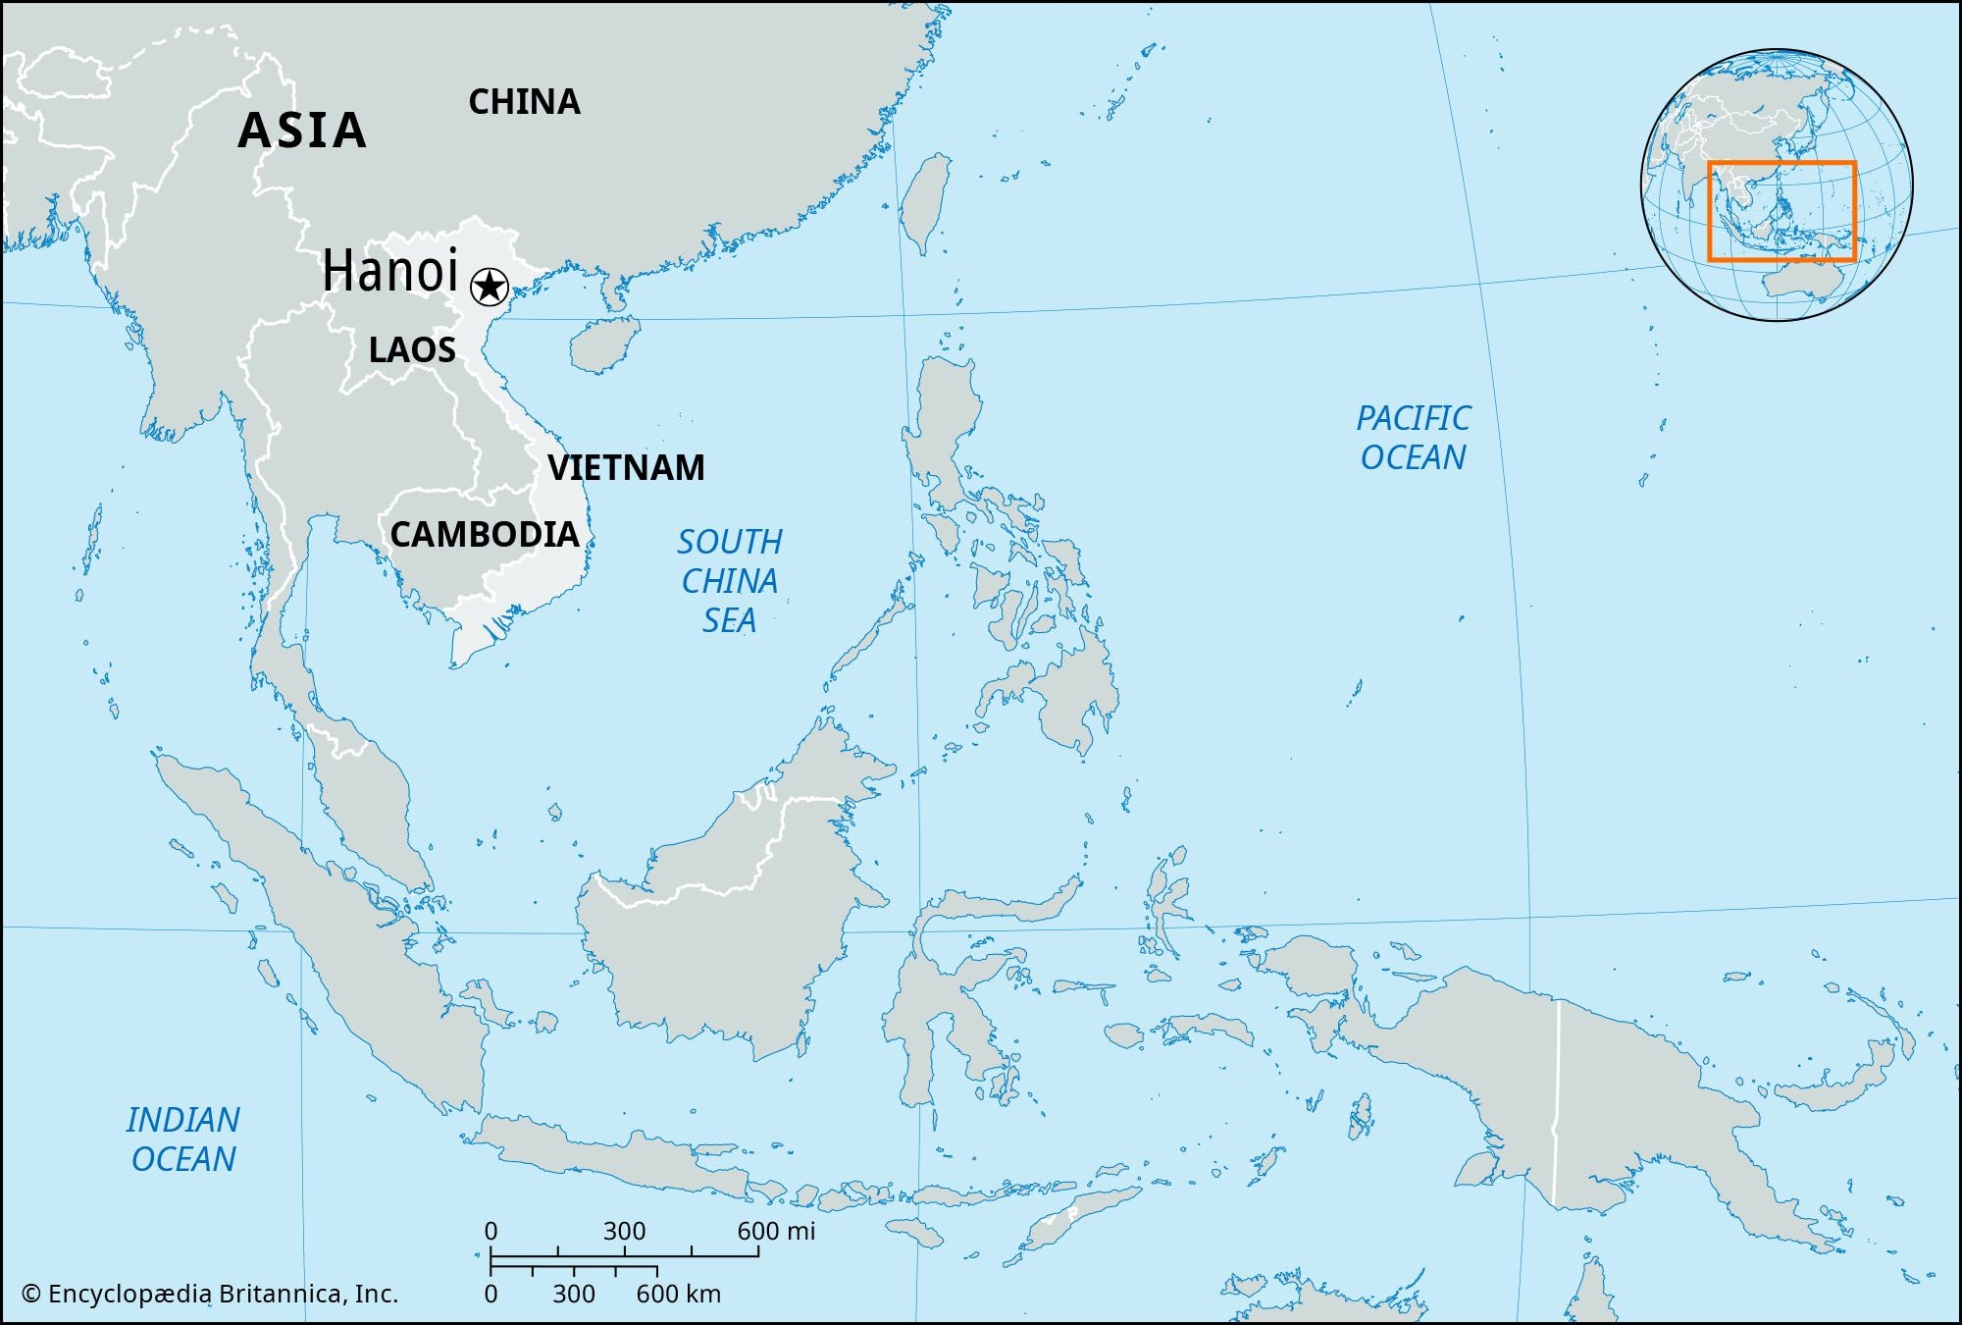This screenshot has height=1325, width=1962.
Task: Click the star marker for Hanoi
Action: [x=489, y=288]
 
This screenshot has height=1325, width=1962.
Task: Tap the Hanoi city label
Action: [x=390, y=271]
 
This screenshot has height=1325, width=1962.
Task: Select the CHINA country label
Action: [x=524, y=102]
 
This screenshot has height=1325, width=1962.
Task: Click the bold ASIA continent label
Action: [x=302, y=131]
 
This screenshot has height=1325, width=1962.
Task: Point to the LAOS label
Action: [x=412, y=350]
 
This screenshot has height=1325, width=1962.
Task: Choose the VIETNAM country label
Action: [x=626, y=467]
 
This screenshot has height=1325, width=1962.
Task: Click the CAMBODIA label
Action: [x=485, y=535]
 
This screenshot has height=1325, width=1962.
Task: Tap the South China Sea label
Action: [x=729, y=581]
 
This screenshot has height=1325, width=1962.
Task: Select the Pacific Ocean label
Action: [x=1413, y=438]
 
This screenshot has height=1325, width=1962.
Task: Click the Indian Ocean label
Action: [x=183, y=1139]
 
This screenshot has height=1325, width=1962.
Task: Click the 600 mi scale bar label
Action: [x=776, y=1231]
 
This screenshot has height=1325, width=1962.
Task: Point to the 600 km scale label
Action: [x=678, y=1294]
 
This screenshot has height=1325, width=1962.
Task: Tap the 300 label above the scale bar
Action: [x=624, y=1231]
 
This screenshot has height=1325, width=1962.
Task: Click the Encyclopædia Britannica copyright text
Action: [x=210, y=1294]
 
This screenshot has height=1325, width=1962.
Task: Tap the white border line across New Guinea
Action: [x=1557, y=1099]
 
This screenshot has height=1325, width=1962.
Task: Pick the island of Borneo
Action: [x=726, y=932]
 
